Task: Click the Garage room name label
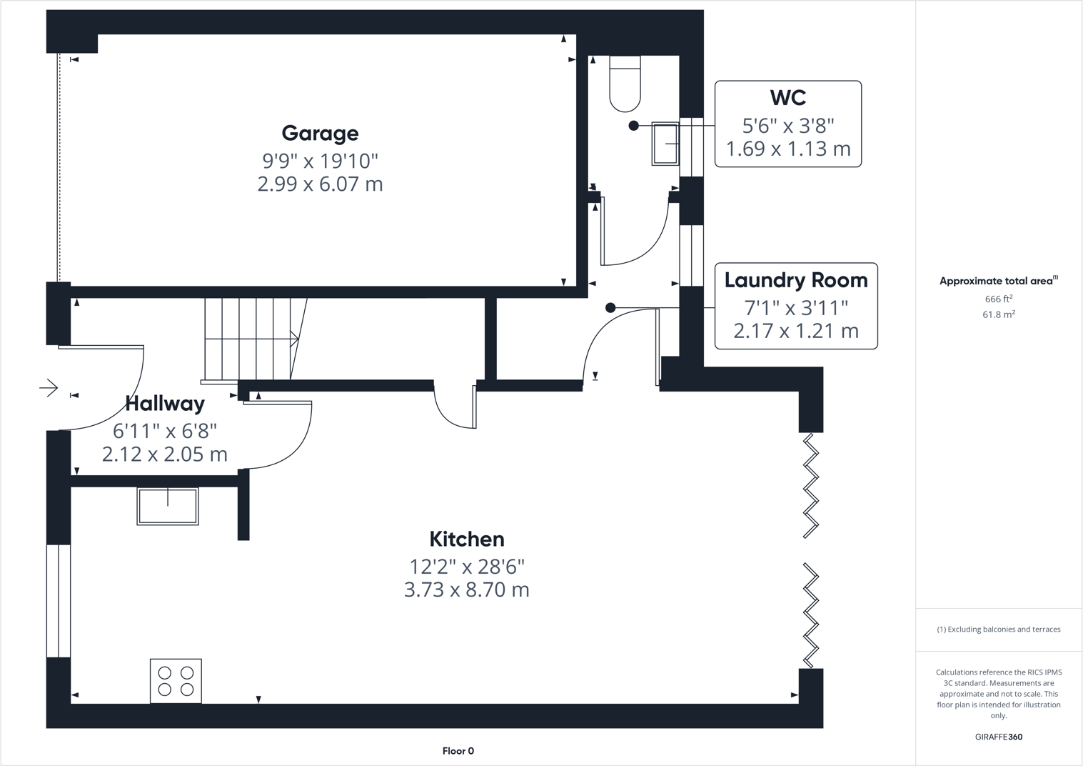[x=320, y=134]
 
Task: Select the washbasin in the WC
[x=665, y=144]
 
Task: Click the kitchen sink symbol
[x=168, y=506]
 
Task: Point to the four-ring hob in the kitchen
[x=176, y=681]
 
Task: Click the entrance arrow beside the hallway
[x=49, y=388]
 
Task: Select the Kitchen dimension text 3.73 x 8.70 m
[x=466, y=590]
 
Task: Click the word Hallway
[x=165, y=404]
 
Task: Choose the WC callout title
[x=787, y=98]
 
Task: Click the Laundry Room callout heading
[x=796, y=280]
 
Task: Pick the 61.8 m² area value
[x=998, y=314]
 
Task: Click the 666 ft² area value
[x=998, y=299]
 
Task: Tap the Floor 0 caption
[x=458, y=751]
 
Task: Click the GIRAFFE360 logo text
[x=998, y=737]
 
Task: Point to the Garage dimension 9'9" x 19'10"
[x=320, y=161]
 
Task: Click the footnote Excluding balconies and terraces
[x=998, y=630]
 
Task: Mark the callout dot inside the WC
[x=633, y=126]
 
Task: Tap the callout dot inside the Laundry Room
[x=610, y=308]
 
